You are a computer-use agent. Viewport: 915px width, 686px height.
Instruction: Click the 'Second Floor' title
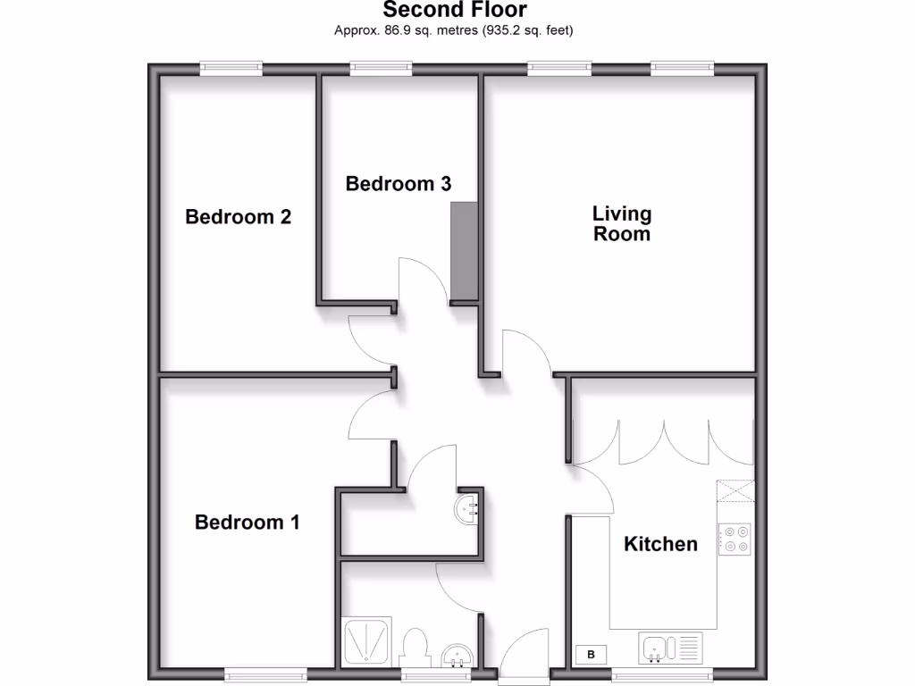pyautogui.click(x=455, y=11)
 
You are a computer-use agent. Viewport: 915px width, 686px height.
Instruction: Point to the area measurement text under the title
pyautogui.click(x=453, y=30)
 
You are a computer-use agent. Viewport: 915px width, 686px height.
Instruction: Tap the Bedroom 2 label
pyautogui.click(x=239, y=217)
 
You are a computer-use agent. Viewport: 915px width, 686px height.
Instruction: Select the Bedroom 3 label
pyautogui.click(x=399, y=184)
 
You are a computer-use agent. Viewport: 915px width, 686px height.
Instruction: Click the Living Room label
pyautogui.click(x=623, y=224)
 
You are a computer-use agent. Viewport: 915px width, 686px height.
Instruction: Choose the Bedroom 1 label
pyautogui.click(x=247, y=523)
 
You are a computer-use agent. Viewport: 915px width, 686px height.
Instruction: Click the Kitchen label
pyautogui.click(x=660, y=544)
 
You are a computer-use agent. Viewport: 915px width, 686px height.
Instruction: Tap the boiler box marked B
pyautogui.click(x=591, y=655)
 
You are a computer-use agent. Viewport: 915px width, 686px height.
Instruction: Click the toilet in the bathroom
pyautogui.click(x=416, y=648)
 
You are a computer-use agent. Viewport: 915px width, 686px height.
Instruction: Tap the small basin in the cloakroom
pyautogui.click(x=468, y=509)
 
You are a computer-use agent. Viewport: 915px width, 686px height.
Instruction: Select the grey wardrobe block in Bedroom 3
pyautogui.click(x=465, y=252)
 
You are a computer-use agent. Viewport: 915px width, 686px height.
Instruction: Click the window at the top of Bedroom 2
pyautogui.click(x=231, y=67)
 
